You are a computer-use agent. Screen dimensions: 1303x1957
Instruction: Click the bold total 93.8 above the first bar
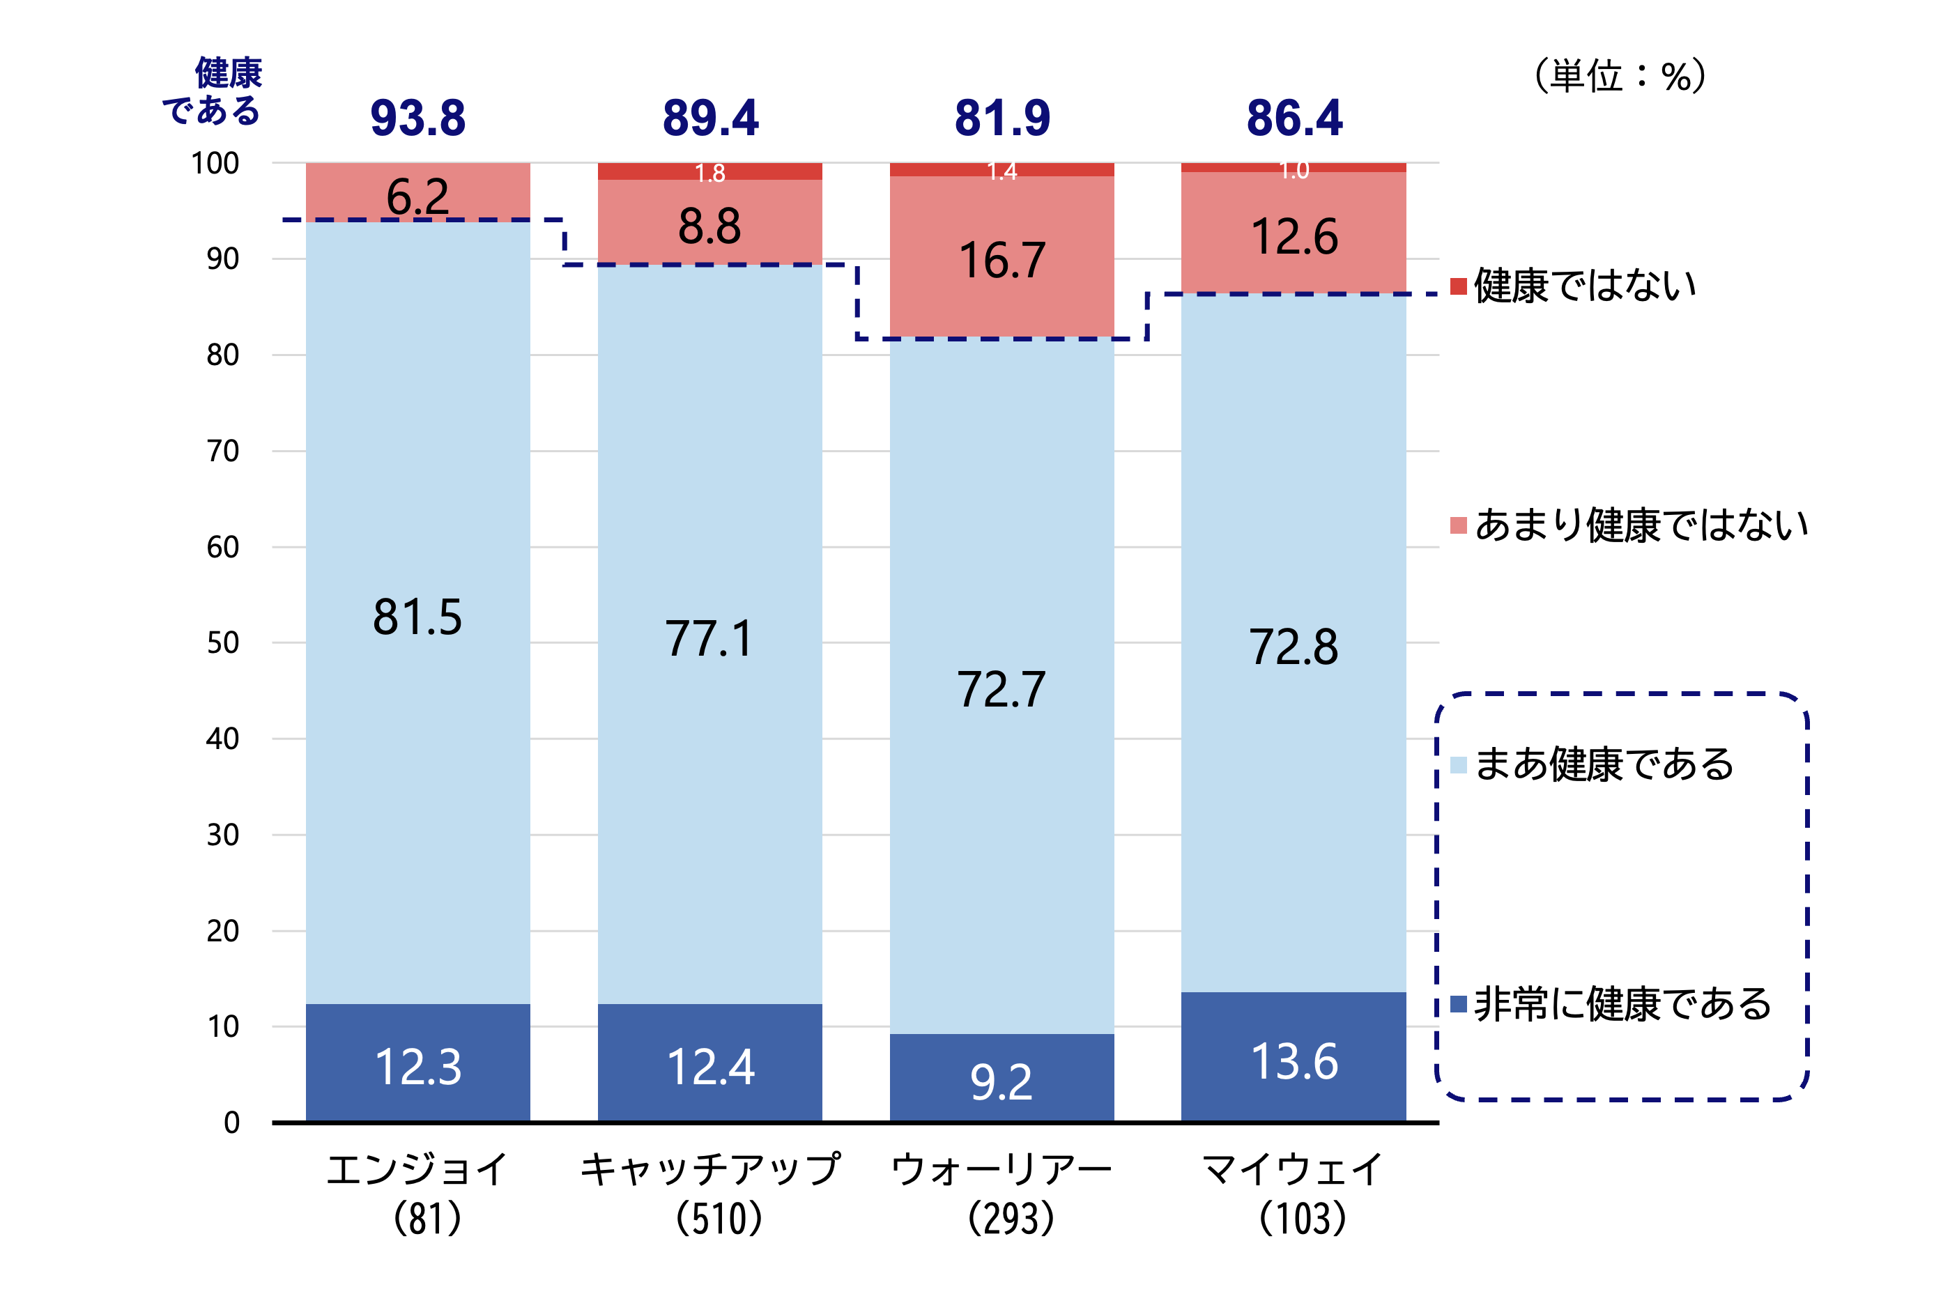[417, 118]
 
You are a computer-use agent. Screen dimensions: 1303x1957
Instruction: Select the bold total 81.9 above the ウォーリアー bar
[1001, 118]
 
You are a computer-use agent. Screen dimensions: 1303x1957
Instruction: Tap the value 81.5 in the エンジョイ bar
[417, 617]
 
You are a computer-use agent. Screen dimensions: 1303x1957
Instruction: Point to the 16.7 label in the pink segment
[1001, 261]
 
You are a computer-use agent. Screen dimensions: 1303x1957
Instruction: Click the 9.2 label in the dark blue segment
[1001, 1082]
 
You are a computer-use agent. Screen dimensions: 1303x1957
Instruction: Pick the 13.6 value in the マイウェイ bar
[1294, 1062]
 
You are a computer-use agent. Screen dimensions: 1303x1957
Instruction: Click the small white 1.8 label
[709, 173]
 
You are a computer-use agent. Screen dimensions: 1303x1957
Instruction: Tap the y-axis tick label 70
[223, 452]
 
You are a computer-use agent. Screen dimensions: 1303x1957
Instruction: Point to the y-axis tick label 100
[215, 164]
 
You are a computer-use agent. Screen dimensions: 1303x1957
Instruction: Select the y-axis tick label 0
[232, 1123]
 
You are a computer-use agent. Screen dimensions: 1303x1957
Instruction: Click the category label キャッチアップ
[709, 1169]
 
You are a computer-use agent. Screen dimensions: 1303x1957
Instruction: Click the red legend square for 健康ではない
[1457, 286]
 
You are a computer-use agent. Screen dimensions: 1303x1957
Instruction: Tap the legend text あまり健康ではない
[1641, 525]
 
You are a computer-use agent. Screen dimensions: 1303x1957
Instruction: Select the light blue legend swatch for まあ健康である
[1457, 764]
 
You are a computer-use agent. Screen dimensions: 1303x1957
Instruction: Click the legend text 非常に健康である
[1622, 1004]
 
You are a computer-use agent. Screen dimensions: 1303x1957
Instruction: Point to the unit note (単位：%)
[1619, 77]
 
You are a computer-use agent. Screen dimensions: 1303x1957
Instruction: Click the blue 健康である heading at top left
[213, 91]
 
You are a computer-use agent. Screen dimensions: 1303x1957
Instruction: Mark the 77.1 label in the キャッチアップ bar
[709, 639]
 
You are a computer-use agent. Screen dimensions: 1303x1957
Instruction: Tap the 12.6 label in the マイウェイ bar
[1294, 237]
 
